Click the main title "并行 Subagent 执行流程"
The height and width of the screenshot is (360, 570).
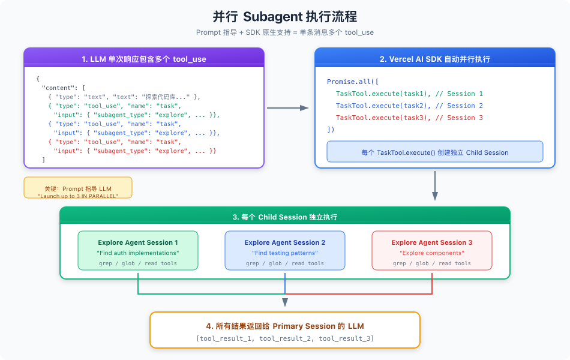click(x=285, y=16)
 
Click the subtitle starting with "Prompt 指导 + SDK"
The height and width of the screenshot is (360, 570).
click(x=285, y=32)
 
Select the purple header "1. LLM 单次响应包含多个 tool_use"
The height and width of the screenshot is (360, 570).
click(x=144, y=59)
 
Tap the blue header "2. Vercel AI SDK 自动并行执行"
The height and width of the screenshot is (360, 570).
click(x=435, y=59)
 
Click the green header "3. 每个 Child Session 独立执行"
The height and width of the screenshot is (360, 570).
click(x=285, y=217)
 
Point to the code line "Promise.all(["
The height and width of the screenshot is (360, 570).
click(x=353, y=82)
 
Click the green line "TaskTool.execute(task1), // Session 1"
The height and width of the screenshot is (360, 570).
click(x=409, y=94)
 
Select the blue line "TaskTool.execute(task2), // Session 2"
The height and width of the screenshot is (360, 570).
click(x=409, y=106)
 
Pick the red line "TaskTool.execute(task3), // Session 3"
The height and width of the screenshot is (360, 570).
click(x=409, y=118)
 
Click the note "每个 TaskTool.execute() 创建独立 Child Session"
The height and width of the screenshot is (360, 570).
click(x=435, y=152)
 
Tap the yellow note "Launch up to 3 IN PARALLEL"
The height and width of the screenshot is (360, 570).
click(x=78, y=196)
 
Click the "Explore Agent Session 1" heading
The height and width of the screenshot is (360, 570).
click(x=138, y=242)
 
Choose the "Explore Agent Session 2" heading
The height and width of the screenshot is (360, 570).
click(x=285, y=242)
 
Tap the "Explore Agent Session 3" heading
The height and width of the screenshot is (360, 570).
click(x=432, y=242)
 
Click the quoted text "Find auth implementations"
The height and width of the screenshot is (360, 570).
click(x=138, y=253)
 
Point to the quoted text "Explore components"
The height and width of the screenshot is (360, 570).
click(x=432, y=253)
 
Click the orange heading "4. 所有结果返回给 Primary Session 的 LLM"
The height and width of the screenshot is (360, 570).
click(x=285, y=326)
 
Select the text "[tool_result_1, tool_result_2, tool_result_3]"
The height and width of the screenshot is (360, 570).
click(x=285, y=338)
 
